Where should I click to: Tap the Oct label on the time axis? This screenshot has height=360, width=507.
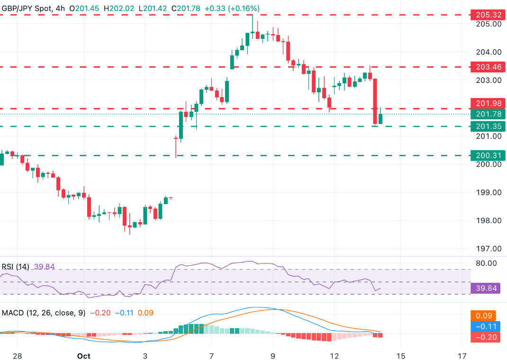(83, 356)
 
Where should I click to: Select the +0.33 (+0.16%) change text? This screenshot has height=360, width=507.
(233, 9)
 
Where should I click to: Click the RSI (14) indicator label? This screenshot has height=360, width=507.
(15, 267)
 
